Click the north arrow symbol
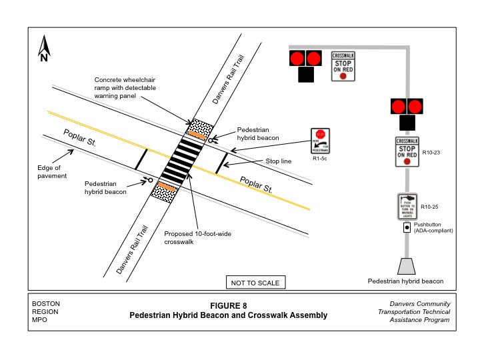(x=44, y=48)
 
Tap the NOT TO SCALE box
(x=255, y=283)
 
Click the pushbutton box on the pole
(x=407, y=227)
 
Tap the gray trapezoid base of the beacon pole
(x=406, y=265)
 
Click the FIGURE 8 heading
(x=228, y=305)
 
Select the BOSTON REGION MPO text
(x=46, y=312)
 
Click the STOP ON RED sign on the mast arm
(x=343, y=66)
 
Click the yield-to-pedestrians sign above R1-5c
(x=321, y=141)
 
